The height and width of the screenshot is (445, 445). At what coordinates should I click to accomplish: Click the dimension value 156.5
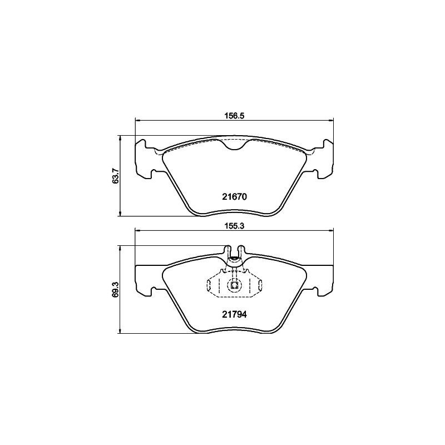234,116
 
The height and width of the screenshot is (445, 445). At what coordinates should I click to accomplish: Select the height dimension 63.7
116,176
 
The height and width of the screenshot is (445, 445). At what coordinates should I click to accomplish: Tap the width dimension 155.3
234,226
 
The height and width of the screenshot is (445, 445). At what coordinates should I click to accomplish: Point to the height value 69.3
116,289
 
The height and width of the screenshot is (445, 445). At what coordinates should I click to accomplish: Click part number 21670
234,197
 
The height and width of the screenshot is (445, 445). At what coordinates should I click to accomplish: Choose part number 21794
234,314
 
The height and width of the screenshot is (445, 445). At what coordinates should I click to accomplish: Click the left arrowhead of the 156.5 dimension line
137,120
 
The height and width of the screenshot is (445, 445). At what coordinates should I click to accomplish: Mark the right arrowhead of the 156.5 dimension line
330,120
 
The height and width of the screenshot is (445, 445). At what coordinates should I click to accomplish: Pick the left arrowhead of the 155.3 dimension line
137,230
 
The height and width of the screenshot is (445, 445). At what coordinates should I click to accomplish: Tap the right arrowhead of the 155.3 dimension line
330,230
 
